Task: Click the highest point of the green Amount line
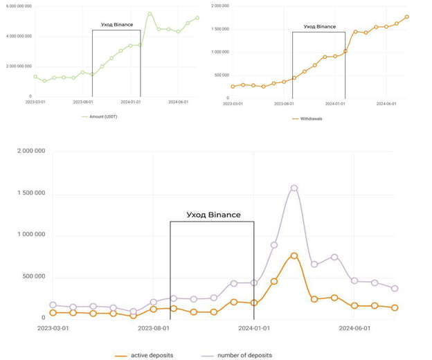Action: (150, 13)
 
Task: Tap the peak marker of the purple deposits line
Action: (294, 188)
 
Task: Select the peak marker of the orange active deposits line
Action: (294, 256)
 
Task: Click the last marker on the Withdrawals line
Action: (407, 17)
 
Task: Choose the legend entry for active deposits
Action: (151, 355)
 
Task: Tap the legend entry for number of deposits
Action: (244, 355)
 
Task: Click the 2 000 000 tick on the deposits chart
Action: (31, 151)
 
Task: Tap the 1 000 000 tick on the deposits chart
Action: (31, 235)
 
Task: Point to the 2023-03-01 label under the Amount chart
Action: (36, 101)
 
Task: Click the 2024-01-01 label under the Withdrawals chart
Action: (336, 103)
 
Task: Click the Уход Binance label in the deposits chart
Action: (214, 215)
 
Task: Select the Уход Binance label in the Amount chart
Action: (117, 24)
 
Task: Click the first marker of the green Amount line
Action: (35, 77)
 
